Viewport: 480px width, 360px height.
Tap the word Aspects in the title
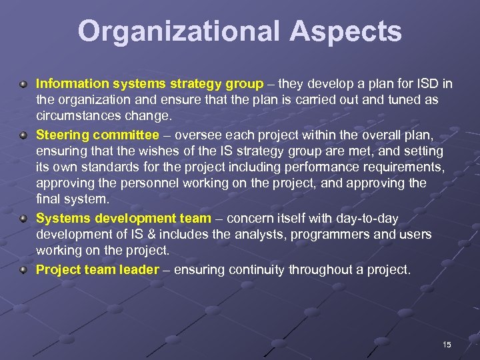click(x=349, y=31)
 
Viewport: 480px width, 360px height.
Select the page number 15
click(x=447, y=345)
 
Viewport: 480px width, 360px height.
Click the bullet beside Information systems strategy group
click(x=23, y=85)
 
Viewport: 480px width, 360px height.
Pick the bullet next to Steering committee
click(x=23, y=135)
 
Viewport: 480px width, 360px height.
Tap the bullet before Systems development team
click(x=23, y=218)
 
